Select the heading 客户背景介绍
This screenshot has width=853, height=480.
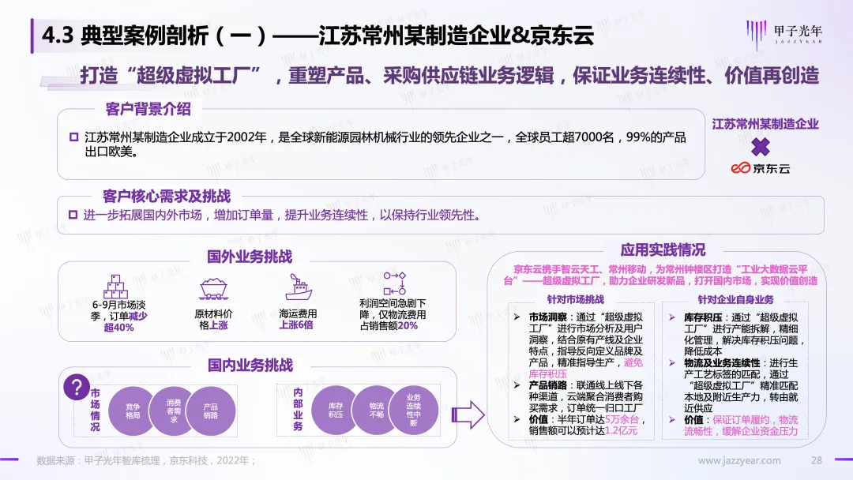tap(148, 109)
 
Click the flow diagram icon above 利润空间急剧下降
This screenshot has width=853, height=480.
tap(393, 284)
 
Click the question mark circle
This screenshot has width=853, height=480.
tap(77, 388)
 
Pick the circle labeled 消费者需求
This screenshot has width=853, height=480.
tap(172, 410)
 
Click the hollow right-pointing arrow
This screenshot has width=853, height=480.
tap(472, 413)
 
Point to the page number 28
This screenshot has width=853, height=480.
tap(817, 460)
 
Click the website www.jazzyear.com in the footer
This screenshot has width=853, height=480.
tap(740, 460)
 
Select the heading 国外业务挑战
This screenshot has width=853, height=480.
tap(250, 257)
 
